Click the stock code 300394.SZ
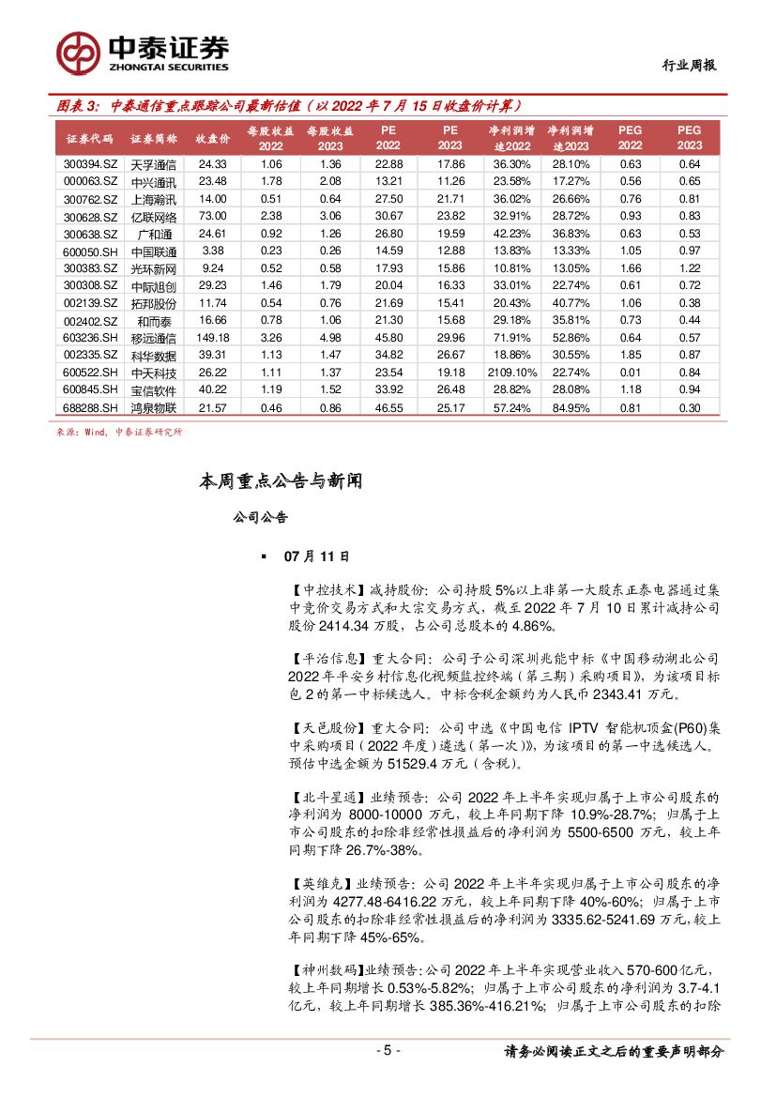(90, 164)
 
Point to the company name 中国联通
(153, 251)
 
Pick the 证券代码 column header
(90, 139)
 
